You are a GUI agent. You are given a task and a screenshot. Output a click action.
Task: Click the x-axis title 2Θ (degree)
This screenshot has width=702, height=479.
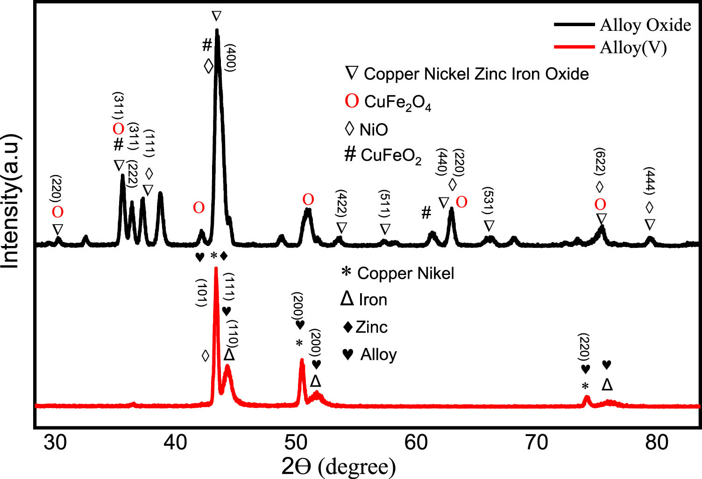pos(339,466)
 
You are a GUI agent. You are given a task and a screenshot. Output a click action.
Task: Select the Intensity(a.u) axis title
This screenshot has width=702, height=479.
pos(10,201)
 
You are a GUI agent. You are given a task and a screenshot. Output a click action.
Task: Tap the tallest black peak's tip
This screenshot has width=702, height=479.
pos(217,30)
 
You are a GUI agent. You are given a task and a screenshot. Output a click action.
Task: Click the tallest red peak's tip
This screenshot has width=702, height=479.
pos(216,268)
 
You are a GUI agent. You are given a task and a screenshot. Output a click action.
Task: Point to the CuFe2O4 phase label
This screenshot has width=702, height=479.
pos(397,102)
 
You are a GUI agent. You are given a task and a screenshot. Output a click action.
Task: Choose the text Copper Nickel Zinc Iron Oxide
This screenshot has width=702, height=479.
pos(476,74)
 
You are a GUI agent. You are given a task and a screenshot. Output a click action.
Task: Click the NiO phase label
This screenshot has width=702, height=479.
pos(374,129)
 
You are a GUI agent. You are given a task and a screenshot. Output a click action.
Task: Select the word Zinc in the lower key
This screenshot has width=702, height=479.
pos(371,327)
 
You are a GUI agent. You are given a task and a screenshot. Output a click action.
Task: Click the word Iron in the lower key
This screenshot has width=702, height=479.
pos(373,299)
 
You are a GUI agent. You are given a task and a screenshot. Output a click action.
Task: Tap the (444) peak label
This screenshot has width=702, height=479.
pos(650,181)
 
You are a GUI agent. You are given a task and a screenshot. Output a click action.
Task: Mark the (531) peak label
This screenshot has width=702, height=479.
pos(489,202)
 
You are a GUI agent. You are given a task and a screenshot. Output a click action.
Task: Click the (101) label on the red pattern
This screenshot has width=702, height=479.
pos(201,292)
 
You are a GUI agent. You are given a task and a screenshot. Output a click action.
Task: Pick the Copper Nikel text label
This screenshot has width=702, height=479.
pos(405,273)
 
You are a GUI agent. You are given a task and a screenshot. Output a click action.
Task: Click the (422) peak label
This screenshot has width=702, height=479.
pos(341,204)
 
